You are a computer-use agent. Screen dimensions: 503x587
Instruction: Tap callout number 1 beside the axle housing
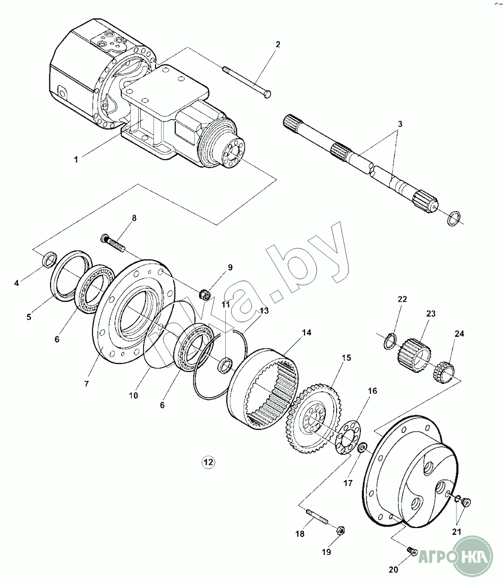click(76, 160)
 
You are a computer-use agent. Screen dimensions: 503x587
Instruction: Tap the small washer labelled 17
click(362, 448)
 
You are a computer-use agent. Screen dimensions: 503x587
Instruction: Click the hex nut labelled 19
click(341, 530)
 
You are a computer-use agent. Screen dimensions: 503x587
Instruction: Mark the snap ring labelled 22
click(390, 340)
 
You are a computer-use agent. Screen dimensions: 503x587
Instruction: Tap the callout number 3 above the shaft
click(400, 124)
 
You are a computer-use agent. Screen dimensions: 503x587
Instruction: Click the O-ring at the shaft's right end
click(454, 218)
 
